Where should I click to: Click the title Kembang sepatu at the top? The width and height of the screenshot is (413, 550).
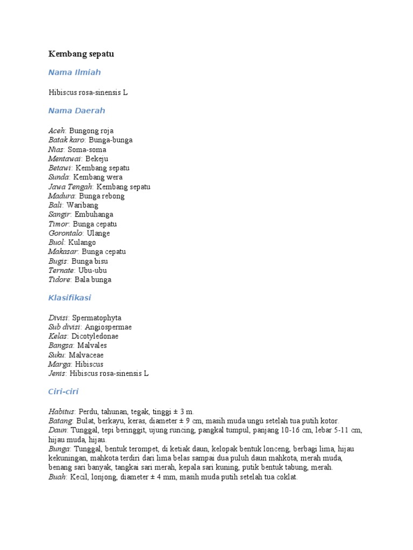click(x=81, y=54)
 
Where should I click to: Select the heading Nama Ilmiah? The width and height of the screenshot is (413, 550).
click(x=74, y=72)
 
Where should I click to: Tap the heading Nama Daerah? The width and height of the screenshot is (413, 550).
click(x=76, y=111)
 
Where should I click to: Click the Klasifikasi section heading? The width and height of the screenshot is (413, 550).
click(x=70, y=298)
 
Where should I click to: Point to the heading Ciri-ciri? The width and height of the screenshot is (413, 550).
click(x=63, y=392)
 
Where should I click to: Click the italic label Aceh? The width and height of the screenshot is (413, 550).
click(x=56, y=131)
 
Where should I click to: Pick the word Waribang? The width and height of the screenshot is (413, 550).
click(x=82, y=205)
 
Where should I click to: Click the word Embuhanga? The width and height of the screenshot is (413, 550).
click(x=94, y=214)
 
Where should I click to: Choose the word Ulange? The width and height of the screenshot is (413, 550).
click(x=98, y=233)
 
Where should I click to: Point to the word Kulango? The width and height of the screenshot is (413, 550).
click(x=82, y=242)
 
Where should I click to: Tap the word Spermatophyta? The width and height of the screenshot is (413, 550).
click(x=101, y=317)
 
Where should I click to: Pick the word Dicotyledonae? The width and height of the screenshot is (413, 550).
click(x=98, y=336)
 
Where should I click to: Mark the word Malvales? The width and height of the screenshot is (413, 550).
click(x=92, y=345)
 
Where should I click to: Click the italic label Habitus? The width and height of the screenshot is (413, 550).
click(x=61, y=411)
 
